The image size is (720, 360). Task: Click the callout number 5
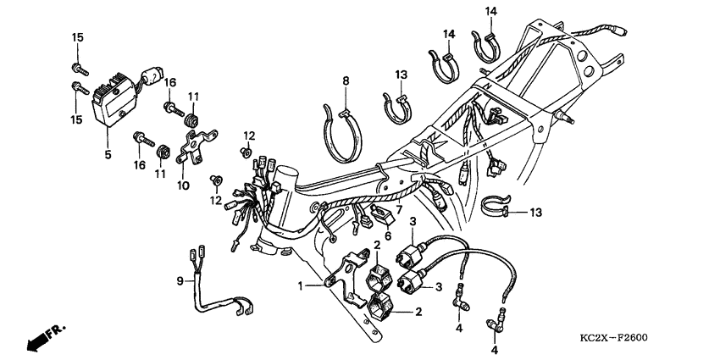[108, 155]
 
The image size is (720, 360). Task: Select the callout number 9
[180, 280]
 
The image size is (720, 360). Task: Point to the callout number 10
[180, 184]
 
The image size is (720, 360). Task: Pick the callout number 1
[300, 286]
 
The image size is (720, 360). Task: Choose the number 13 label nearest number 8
[401, 75]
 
